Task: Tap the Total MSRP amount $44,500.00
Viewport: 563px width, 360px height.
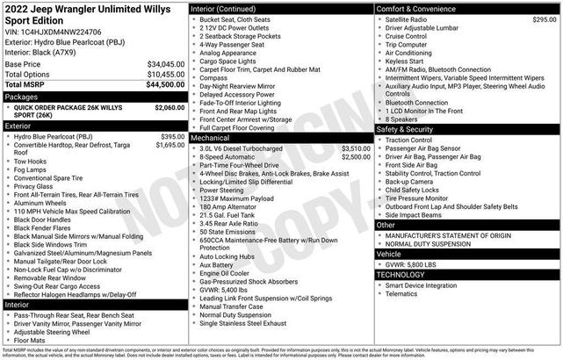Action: (164, 84)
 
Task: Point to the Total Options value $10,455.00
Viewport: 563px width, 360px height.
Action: (164, 75)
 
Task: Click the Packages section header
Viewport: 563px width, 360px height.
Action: (22, 97)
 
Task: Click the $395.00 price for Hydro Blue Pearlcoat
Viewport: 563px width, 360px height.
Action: (173, 137)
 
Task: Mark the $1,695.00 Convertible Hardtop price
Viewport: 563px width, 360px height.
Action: (170, 146)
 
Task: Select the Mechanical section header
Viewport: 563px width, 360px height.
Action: (211, 138)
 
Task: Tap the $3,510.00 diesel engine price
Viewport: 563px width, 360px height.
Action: (355, 148)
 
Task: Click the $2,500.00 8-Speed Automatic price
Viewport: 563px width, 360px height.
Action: (355, 157)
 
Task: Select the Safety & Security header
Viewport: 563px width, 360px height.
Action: (405, 129)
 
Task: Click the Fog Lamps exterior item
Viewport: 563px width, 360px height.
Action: (32, 170)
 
